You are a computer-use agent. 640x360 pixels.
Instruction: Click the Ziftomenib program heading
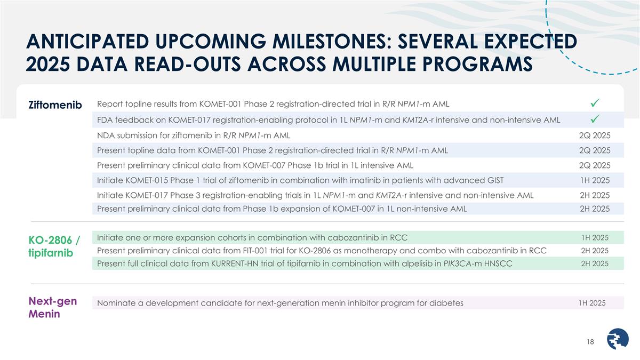pos(55,105)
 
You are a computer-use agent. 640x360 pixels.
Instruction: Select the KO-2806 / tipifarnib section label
pos(54,246)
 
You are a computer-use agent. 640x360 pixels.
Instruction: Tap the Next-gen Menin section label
pos(53,307)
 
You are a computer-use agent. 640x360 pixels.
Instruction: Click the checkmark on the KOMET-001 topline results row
pos(595,103)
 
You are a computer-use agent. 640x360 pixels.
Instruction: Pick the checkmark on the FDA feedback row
pos(595,119)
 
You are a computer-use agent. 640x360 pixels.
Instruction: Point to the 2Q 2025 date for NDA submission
pos(595,135)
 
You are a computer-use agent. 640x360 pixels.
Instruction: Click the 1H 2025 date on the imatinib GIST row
pos(595,180)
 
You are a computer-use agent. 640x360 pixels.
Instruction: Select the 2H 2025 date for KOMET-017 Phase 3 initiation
pos(595,195)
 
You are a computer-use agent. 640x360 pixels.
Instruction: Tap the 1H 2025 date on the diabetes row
pos(592,303)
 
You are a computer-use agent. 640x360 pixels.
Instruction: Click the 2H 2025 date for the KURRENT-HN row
pos(595,263)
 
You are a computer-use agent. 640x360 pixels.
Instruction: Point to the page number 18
pos(590,342)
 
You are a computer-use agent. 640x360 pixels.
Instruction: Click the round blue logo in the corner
pos(618,339)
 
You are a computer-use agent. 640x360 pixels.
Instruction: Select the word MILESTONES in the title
pos(332,41)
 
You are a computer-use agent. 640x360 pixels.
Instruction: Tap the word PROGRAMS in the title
pos(477,63)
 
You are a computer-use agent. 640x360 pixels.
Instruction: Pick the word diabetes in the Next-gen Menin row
pos(446,303)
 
